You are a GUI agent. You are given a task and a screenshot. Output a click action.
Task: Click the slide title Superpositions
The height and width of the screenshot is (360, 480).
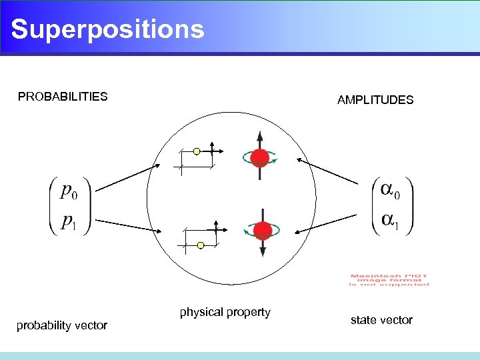107,29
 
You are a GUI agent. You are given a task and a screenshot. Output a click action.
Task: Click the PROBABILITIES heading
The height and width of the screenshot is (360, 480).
63,97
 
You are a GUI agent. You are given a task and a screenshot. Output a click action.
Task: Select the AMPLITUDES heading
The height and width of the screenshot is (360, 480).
375,100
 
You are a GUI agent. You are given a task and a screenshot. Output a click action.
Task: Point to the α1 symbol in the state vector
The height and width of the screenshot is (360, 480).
391,220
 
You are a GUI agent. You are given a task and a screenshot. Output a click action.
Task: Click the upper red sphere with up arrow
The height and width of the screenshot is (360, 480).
259,158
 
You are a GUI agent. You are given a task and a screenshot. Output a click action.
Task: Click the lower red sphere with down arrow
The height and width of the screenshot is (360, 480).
263,231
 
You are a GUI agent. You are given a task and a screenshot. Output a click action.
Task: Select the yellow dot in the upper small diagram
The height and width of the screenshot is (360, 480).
197,151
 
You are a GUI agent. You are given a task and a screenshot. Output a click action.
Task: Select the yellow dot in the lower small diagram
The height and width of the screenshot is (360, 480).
201,245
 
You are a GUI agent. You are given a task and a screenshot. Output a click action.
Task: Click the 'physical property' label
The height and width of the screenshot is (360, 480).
225,312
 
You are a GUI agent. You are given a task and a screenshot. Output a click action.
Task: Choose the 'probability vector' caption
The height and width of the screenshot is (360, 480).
61,325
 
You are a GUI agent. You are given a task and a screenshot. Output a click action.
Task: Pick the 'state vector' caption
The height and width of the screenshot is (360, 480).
381,320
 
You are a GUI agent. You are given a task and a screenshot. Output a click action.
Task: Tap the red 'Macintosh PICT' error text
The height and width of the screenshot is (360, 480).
389,280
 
